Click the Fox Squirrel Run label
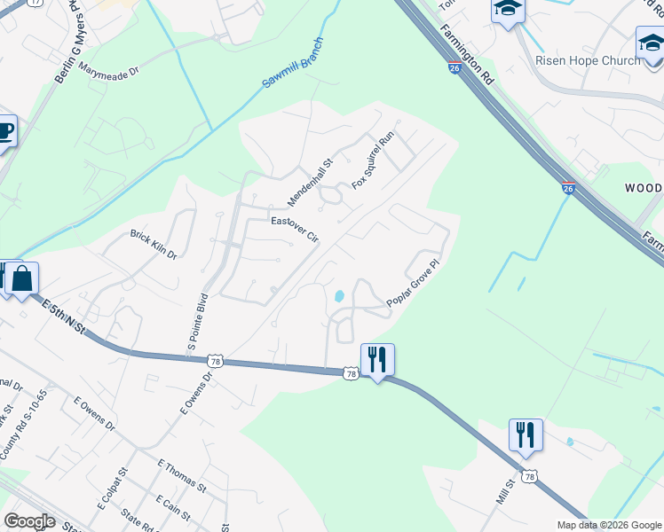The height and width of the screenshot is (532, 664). [x=372, y=160]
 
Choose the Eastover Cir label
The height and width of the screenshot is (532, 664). [x=294, y=229]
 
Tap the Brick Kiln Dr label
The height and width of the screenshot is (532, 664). [x=154, y=244]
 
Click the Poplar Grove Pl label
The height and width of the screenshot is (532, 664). [x=414, y=285]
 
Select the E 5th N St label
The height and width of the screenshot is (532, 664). [x=64, y=317]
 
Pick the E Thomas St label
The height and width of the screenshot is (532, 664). [x=181, y=475]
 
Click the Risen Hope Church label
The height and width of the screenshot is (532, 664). [x=588, y=60]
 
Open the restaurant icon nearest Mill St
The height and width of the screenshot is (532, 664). [x=526, y=434]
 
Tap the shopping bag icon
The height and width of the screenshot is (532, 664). [x=21, y=278]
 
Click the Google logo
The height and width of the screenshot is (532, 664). [x=29, y=521]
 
